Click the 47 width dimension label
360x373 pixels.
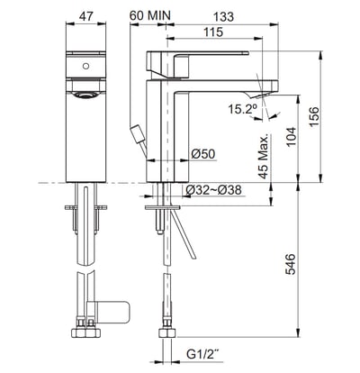pyautogui.click(x=85, y=15)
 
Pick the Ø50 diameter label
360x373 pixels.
pyautogui.click(x=202, y=154)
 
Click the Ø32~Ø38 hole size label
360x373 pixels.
pyautogui.click(x=211, y=190)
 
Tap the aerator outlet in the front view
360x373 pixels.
pyautogui.click(x=85, y=94)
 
